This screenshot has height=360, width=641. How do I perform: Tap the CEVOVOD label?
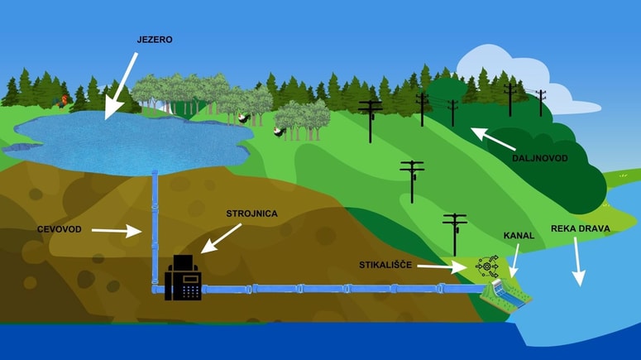click(59, 228)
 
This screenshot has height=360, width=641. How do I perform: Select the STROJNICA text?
click(251, 214)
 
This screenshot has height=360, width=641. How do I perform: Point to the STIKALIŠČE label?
click(386, 266)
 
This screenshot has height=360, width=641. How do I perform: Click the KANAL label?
click(519, 236)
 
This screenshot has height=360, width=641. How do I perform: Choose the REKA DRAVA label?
click(579, 228)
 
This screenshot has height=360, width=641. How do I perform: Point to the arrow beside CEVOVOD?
click(116, 231)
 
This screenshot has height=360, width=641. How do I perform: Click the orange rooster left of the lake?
click(62, 102)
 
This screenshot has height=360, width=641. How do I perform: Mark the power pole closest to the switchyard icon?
click(455, 232)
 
